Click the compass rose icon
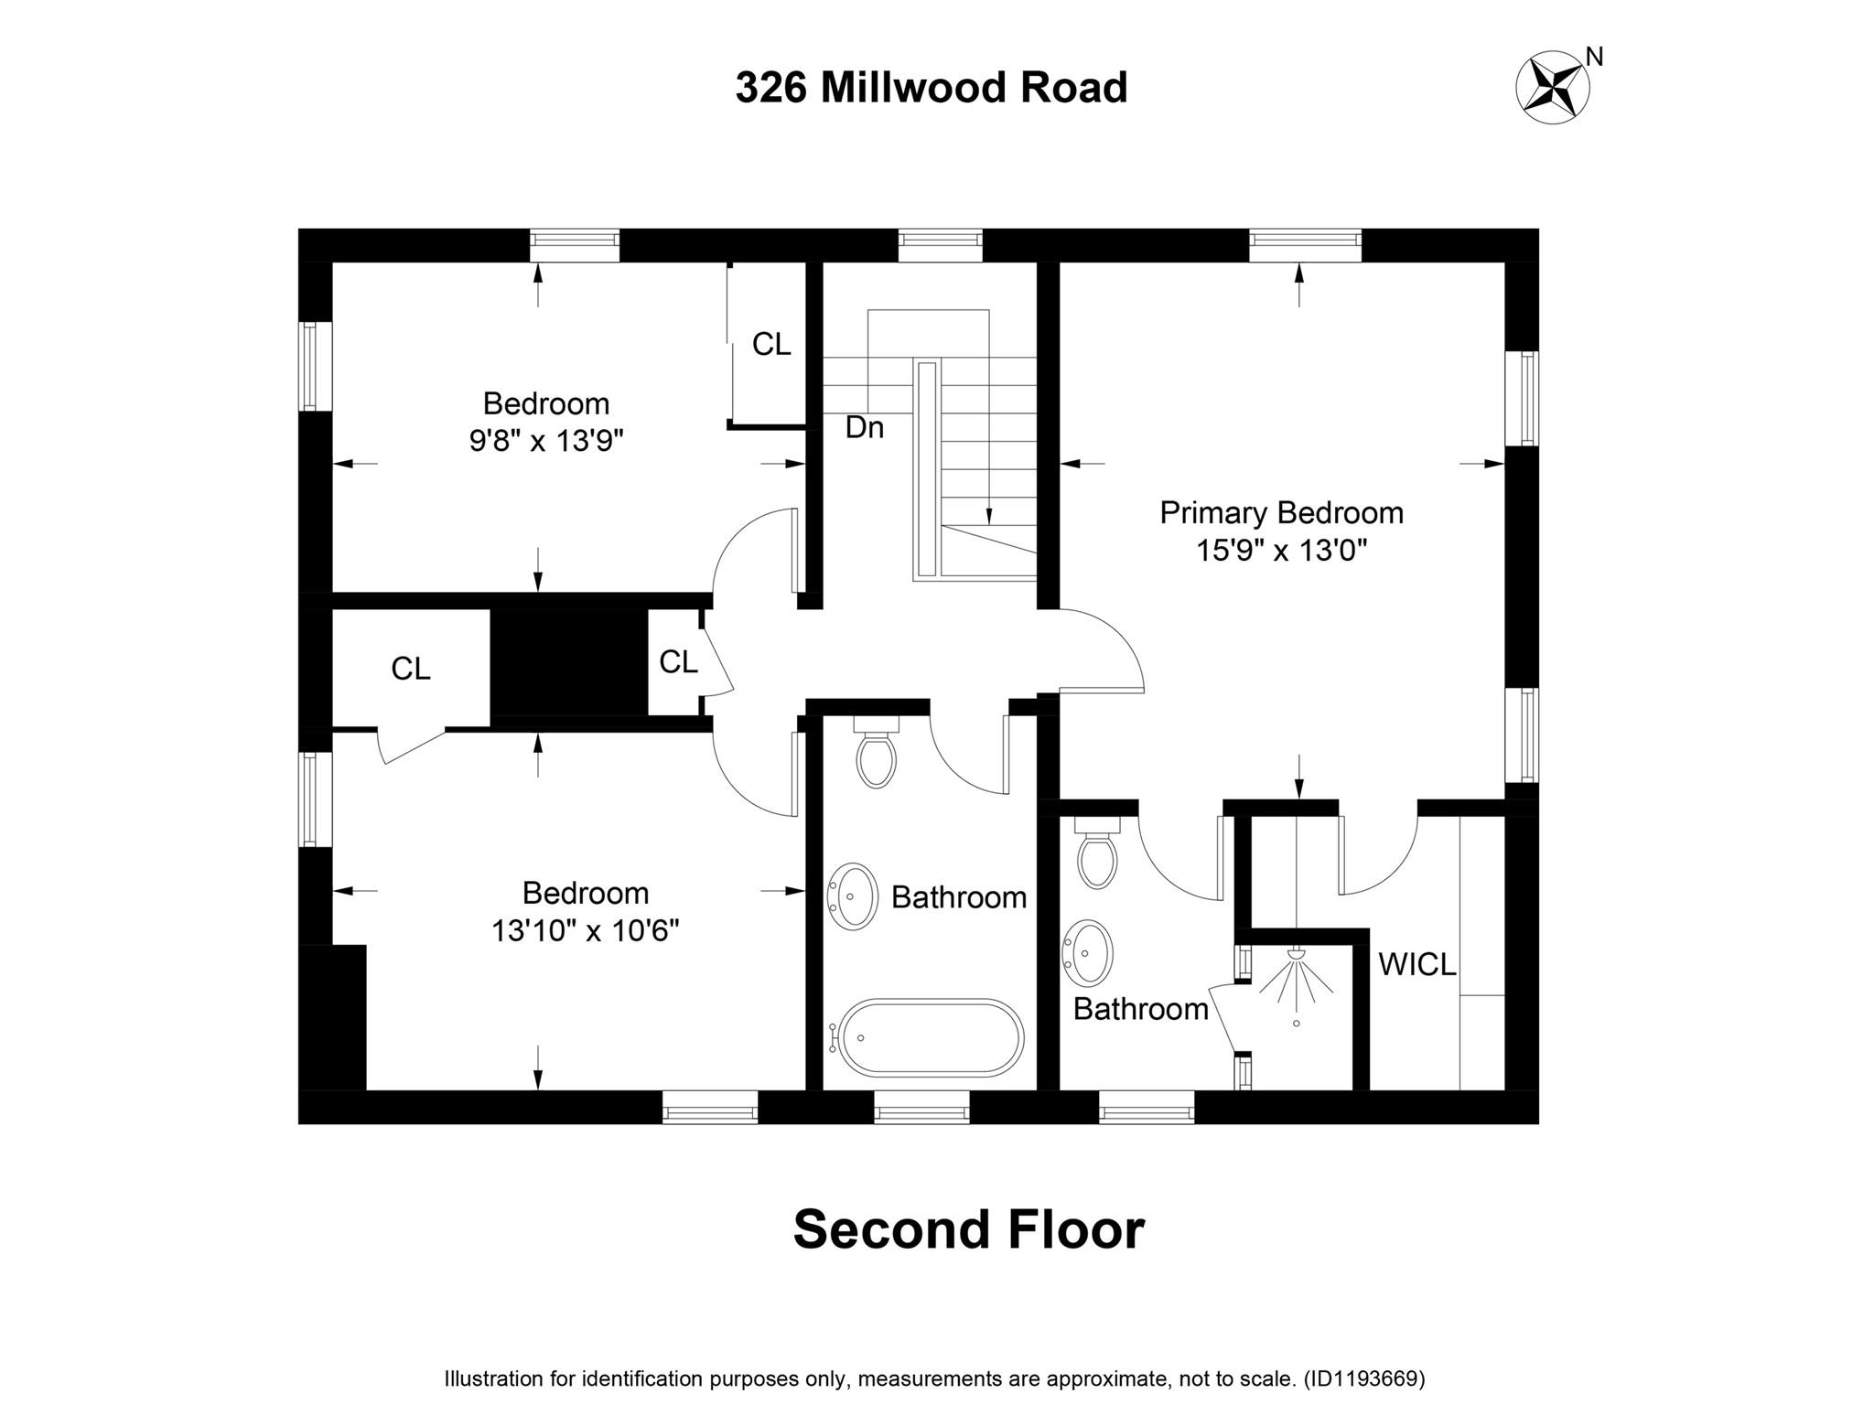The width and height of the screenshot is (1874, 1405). [1553, 88]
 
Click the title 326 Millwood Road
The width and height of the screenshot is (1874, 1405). [931, 89]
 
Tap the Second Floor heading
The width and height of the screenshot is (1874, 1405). [968, 1229]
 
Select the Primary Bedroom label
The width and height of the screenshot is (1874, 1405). [1281, 513]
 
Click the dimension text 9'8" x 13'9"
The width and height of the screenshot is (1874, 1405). [546, 442]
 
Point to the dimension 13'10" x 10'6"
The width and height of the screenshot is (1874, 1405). [586, 931]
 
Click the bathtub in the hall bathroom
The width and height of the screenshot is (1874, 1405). [930, 1038]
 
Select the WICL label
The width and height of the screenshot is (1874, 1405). [1416, 965]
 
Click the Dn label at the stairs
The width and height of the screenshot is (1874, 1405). [864, 427]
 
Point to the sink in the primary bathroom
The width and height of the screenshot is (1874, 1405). [1088, 952]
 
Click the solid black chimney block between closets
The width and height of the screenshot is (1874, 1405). [569, 663]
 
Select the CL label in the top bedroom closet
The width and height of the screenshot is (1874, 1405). [771, 345]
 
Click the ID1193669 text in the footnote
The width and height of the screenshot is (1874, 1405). [1363, 1378]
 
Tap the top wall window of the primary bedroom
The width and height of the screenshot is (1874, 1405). [1306, 240]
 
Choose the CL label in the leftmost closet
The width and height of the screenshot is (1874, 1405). [411, 670]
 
